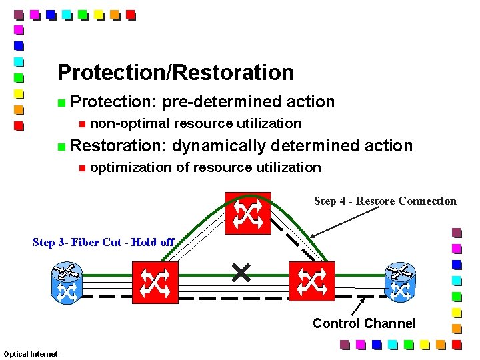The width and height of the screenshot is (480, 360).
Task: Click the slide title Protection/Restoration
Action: click(x=175, y=72)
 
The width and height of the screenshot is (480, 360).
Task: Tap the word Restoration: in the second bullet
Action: click(x=119, y=145)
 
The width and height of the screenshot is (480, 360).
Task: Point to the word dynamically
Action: click(x=219, y=145)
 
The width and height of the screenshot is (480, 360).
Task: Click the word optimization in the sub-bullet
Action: click(x=131, y=167)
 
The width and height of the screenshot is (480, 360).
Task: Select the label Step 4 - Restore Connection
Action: click(x=385, y=201)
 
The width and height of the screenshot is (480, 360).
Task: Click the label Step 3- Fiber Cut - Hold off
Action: click(x=103, y=242)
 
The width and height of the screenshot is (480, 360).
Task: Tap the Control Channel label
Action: click(x=364, y=323)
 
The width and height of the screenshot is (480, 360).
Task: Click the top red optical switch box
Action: click(x=247, y=213)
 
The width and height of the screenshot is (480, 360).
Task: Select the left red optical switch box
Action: click(x=155, y=283)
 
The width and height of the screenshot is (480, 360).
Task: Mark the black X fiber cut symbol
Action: click(x=241, y=272)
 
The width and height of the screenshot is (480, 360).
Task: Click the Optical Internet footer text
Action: click(x=32, y=353)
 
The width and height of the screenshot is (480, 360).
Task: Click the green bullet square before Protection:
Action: click(x=61, y=103)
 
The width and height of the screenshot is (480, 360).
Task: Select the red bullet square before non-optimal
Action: click(x=81, y=124)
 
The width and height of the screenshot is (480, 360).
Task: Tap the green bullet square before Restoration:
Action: click(x=61, y=147)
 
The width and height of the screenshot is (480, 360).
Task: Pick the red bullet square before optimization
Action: click(x=81, y=168)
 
